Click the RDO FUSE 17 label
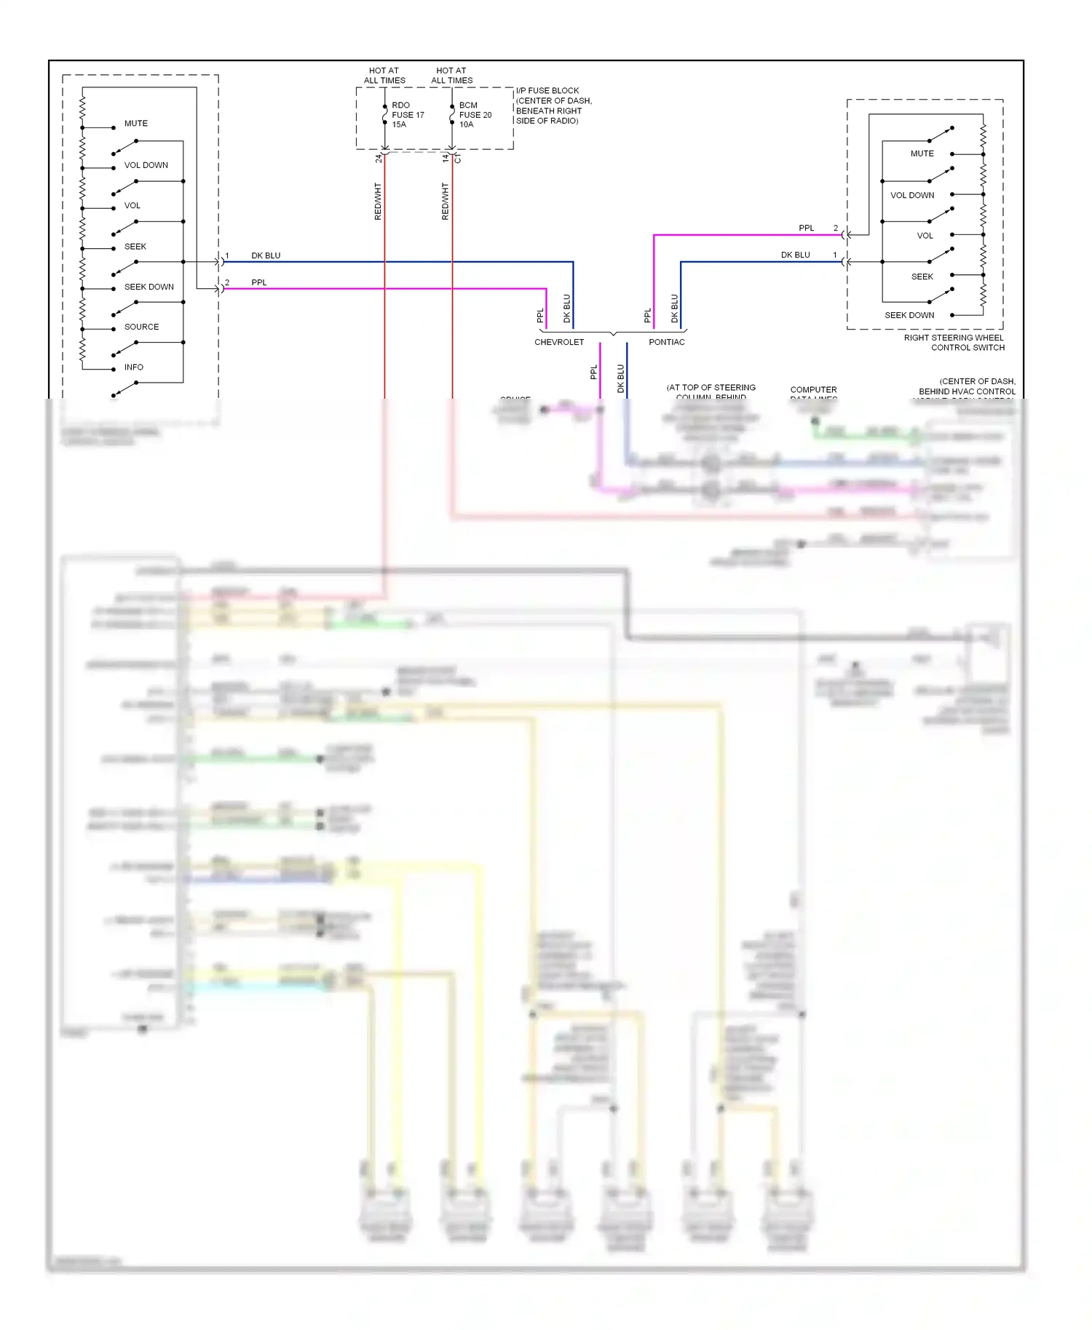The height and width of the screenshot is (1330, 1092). coord(407,115)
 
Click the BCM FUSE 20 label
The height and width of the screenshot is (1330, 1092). coord(475,115)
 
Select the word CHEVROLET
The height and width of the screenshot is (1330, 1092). coord(559,342)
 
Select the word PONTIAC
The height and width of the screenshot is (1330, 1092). coord(666,342)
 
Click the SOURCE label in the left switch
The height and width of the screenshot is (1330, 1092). coord(141,327)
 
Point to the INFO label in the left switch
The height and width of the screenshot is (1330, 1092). coord(134,367)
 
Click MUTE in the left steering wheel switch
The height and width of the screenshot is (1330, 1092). coord(135,124)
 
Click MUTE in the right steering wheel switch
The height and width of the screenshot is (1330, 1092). coord(922,154)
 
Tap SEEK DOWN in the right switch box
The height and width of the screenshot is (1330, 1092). coord(909,315)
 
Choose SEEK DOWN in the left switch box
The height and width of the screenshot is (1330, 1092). coord(149,287)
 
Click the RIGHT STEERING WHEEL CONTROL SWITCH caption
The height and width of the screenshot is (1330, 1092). coord(954,343)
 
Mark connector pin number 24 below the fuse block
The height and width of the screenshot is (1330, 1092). coord(379,158)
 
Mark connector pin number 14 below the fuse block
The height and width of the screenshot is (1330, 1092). coord(446,158)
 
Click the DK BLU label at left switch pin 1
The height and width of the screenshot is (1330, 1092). coord(266,255)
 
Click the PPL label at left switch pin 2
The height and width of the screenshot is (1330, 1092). coord(259,282)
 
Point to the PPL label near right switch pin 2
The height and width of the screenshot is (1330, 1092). coord(806,228)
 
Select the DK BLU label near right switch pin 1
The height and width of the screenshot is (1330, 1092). coord(795,255)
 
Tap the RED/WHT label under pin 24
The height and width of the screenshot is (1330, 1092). coord(378,202)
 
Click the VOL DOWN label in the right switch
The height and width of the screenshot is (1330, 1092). coord(912,195)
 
